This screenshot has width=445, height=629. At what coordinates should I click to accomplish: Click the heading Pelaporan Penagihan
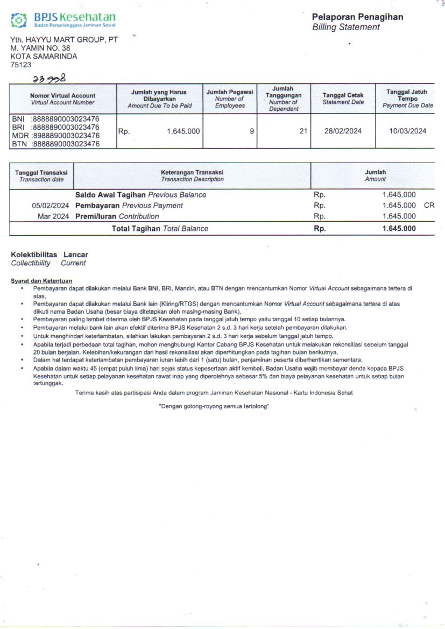[x=357, y=17]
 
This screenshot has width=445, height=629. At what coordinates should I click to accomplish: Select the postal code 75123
[x=21, y=65]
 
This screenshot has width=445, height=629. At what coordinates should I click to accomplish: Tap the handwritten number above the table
[x=49, y=79]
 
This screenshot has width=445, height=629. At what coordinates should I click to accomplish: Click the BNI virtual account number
[x=66, y=118]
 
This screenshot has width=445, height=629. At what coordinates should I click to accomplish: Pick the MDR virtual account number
[x=66, y=136]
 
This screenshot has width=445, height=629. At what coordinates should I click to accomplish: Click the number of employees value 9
[x=252, y=131]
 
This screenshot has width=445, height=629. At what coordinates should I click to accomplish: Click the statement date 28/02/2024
[x=343, y=131]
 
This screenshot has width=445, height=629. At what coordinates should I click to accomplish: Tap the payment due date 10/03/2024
[x=408, y=131]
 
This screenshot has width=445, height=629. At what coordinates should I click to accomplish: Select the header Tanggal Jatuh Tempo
[x=407, y=96]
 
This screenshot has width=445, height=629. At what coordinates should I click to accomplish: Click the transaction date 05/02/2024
[x=51, y=206]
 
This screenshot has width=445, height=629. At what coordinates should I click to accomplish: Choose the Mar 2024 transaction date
[x=53, y=216]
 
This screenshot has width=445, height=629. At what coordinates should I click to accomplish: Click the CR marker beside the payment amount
[x=429, y=206]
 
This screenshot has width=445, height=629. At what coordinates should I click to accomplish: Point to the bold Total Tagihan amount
[x=399, y=229]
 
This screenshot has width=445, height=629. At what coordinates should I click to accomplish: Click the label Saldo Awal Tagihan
[x=111, y=195]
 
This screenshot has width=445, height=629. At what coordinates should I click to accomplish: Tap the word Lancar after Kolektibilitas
[x=76, y=255]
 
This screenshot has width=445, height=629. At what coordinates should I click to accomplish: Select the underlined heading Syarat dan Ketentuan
[x=41, y=281]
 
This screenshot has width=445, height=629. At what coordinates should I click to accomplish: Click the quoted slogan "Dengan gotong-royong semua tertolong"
[x=214, y=406]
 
